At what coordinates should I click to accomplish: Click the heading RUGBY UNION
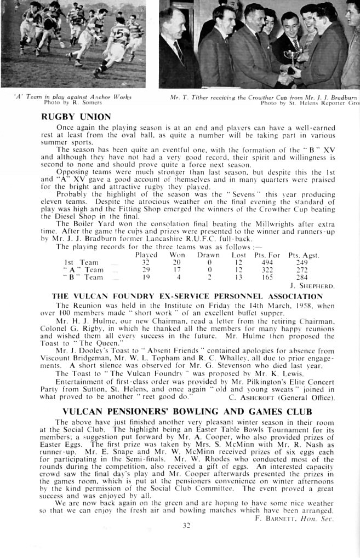76,117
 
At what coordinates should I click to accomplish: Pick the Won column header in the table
176,255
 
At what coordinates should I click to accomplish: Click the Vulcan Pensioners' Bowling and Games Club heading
187,411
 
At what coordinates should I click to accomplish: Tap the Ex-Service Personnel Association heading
187,296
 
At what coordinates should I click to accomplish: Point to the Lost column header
239,255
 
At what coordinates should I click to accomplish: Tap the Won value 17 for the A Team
176,270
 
